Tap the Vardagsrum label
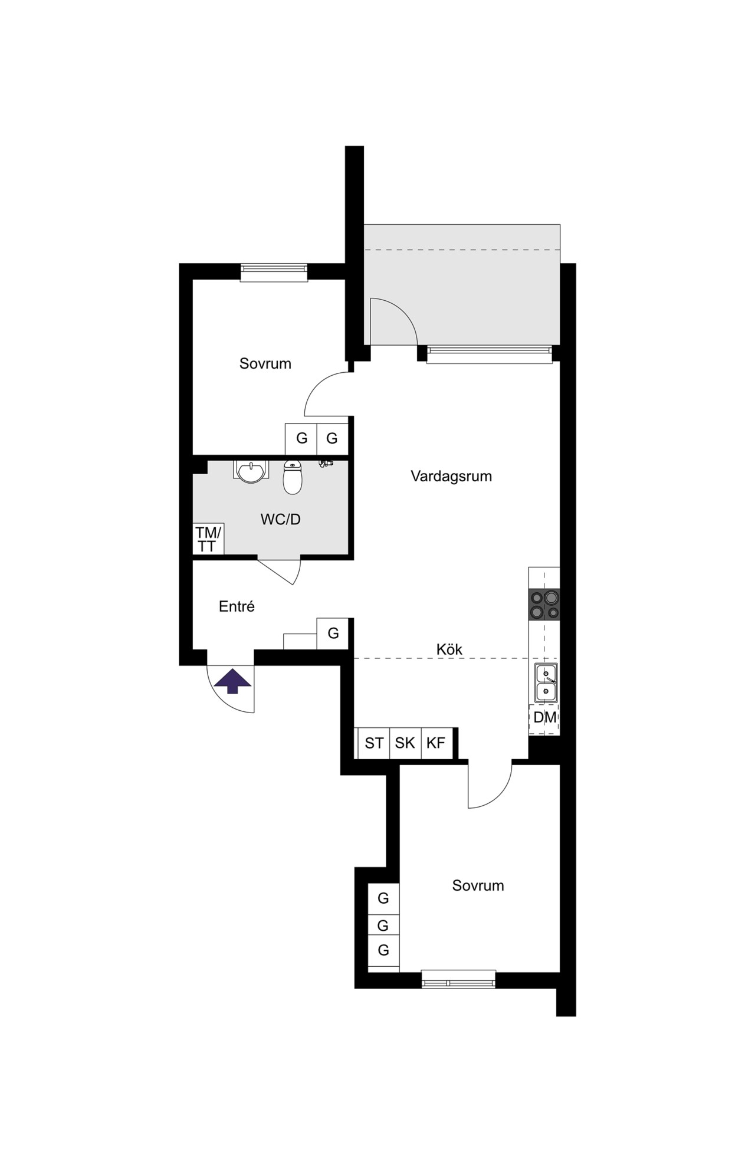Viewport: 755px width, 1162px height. coord(451,476)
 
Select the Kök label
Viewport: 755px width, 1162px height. coord(449,649)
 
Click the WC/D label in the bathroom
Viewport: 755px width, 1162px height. coord(281,519)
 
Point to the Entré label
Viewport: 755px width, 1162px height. coord(237,606)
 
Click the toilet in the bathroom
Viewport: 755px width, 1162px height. coord(293,477)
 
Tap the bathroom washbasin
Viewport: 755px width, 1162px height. coord(251,471)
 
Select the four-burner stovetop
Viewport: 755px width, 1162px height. coord(544,605)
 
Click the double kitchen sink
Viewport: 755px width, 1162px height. coord(547,682)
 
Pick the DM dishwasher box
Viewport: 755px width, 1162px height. coord(544,718)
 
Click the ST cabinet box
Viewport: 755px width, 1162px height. coord(374,743)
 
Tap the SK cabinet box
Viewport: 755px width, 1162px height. coord(405,743)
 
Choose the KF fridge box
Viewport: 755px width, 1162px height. coord(436,743)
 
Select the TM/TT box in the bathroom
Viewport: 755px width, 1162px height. coord(208,539)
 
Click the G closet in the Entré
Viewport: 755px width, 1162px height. coord(333,633)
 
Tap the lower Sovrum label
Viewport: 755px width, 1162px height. coord(478,885)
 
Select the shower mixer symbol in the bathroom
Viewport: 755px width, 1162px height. coord(325,464)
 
